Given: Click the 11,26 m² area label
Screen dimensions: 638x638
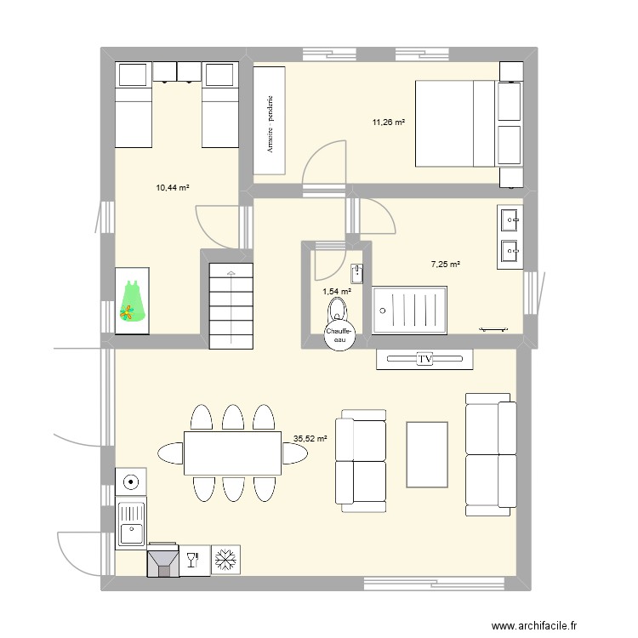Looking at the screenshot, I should [x=388, y=122].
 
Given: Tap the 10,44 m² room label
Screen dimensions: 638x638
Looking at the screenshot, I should [x=172, y=188].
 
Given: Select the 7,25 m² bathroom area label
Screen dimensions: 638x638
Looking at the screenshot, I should [x=445, y=265].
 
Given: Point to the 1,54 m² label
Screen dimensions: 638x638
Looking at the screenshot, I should [x=337, y=291].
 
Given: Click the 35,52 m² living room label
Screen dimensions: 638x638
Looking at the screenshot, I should [x=310, y=439].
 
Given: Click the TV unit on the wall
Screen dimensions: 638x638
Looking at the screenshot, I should [x=424, y=360].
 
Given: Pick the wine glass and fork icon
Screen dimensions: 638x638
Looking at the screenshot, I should [x=191, y=560].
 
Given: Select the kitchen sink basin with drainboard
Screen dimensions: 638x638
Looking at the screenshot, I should [x=131, y=524].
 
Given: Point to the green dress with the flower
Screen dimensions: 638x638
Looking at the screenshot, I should [x=131, y=301].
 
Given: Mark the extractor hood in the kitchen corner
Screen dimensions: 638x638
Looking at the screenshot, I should [x=162, y=561].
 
